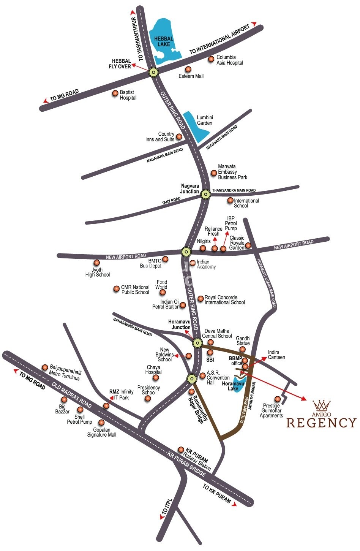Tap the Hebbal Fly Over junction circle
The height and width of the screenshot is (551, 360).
pyautogui.click(x=153, y=72)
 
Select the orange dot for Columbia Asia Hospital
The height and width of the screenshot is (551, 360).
pyautogui.click(x=211, y=59)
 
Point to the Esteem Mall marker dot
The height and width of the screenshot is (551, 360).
pyautogui.click(x=188, y=69)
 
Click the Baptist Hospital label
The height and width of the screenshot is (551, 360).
pyautogui.click(x=128, y=95)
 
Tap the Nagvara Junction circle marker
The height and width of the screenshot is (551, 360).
pyautogui.click(x=205, y=195)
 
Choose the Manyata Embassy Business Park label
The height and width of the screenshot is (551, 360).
pyautogui.click(x=232, y=172)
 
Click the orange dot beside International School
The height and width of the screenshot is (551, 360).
pyautogui.click(x=230, y=200)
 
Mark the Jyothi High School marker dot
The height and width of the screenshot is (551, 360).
pyautogui.click(x=97, y=263)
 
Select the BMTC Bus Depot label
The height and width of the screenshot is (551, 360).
pyautogui.click(x=151, y=263)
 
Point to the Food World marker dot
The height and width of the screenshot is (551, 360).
pyautogui.click(x=163, y=292)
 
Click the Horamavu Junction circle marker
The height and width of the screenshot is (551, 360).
pyautogui.click(x=197, y=343)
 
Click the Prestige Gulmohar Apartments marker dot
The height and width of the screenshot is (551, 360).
pyautogui.click(x=278, y=399)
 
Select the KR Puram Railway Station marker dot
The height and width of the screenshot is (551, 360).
pyautogui.click(x=181, y=450)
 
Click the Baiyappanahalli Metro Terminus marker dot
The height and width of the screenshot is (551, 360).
pyautogui.click(x=45, y=367)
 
